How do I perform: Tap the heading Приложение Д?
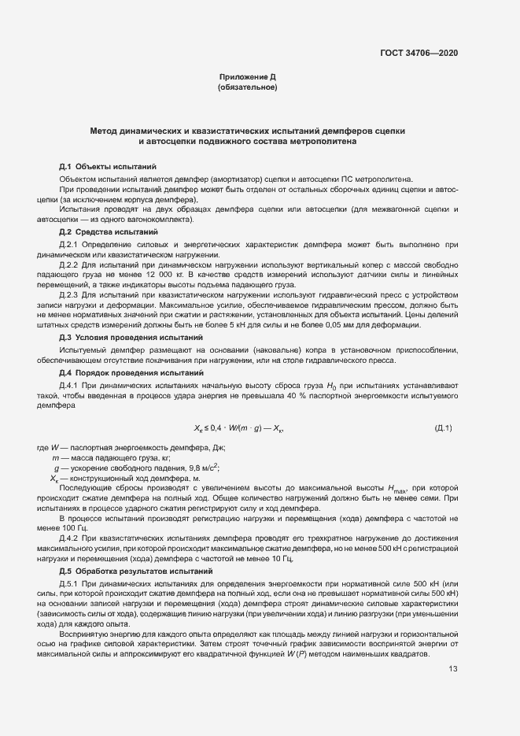247,77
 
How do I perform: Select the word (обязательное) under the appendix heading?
247,87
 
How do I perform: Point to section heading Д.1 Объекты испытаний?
108,168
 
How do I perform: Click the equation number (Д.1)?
444,427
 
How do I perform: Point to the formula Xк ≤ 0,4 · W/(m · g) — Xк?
238,428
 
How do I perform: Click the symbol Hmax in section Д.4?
400,489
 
